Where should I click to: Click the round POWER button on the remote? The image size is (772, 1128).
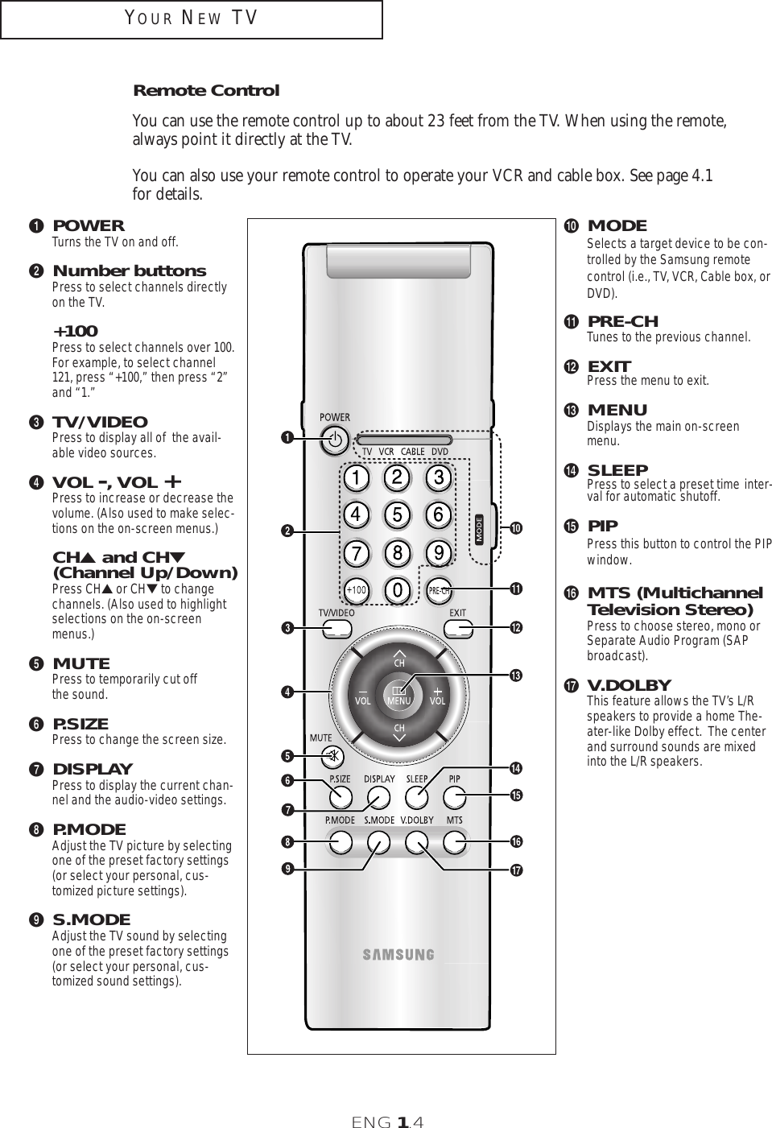(336, 440)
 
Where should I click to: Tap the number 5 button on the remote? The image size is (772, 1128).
(397, 513)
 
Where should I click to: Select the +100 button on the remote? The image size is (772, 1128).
(356, 590)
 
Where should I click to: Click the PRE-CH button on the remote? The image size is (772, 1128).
(438, 590)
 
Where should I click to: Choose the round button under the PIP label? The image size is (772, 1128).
(455, 798)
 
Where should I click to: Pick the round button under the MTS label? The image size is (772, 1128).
(455, 842)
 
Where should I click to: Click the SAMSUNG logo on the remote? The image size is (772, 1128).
(398, 955)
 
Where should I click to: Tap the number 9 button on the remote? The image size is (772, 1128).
(438, 552)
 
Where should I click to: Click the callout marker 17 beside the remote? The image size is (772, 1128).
(515, 871)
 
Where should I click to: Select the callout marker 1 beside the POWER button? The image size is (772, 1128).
(286, 438)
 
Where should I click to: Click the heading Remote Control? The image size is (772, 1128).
(206, 90)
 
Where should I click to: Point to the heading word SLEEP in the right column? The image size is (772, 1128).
(617, 469)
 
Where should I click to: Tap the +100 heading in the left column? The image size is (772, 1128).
(76, 331)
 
